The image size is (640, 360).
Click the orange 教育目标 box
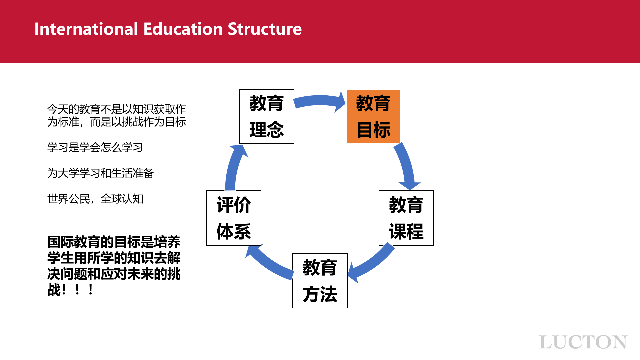tap(373, 117)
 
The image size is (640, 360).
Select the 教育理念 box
tap(267, 117)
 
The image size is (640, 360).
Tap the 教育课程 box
tap(406, 218)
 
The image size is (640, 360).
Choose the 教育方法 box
tap(320, 281)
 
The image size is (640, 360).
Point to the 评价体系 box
tap(234, 218)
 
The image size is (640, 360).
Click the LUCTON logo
tap(583, 342)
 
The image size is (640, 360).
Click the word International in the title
tap(86, 29)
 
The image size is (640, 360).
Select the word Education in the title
tap(183, 29)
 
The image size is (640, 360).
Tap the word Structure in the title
tap(265, 29)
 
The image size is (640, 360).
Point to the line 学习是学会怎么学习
tap(95, 147)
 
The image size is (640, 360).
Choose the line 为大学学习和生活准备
tap(100, 173)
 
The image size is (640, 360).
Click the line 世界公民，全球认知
tap(95, 199)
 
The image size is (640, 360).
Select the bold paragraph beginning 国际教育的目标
tap(114, 266)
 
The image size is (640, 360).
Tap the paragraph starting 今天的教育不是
tap(117, 115)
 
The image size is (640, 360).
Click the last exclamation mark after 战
tap(91, 289)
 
